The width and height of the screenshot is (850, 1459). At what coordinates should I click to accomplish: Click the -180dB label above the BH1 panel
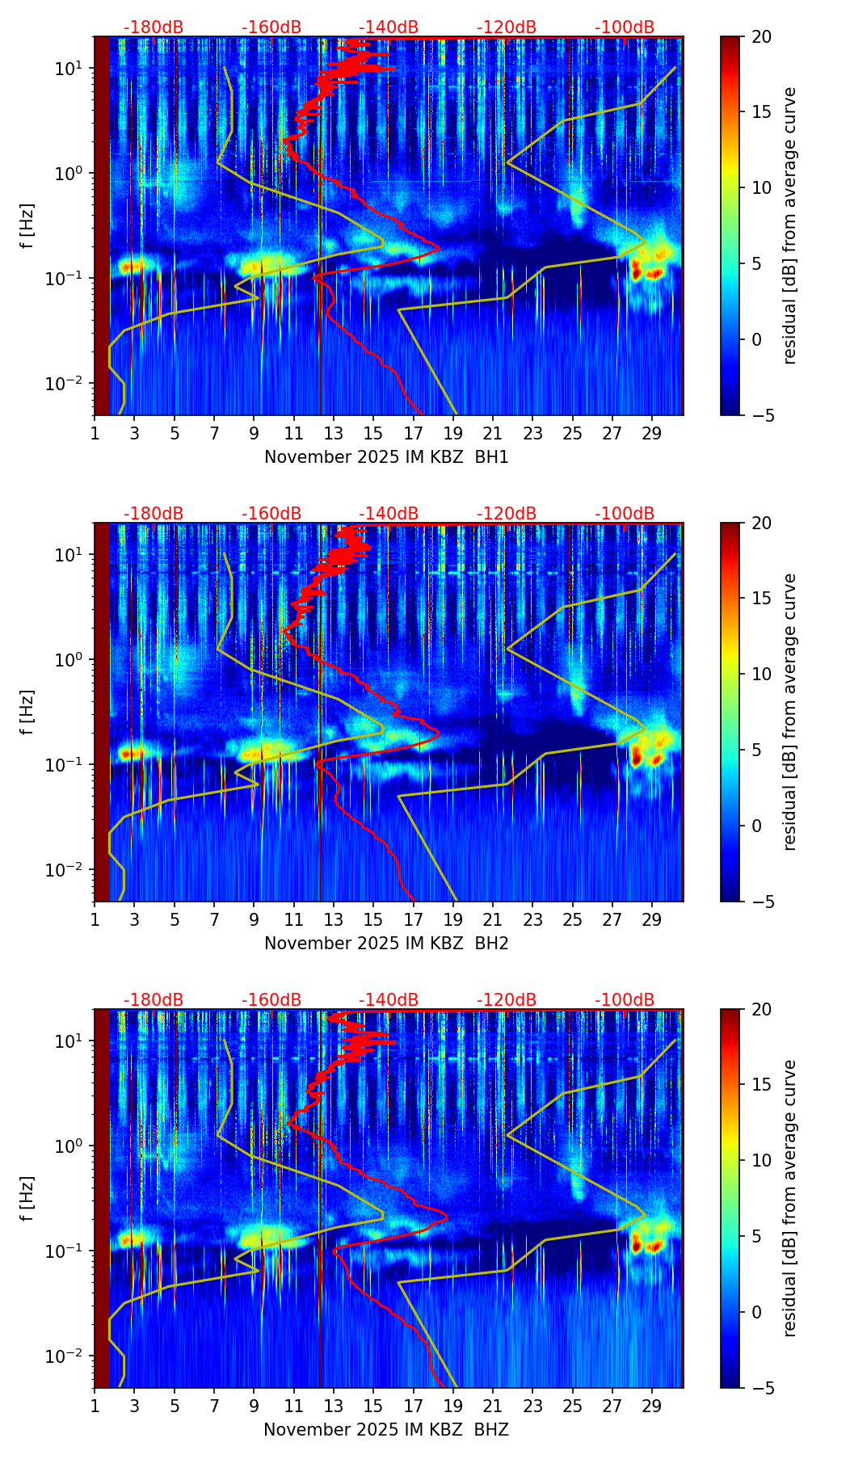[154, 27]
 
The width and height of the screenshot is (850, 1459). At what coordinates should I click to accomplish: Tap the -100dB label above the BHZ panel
[625, 1000]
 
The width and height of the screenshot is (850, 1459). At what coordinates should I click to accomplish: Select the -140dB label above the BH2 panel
[389, 514]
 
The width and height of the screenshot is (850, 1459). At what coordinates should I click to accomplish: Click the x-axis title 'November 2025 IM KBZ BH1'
[386, 457]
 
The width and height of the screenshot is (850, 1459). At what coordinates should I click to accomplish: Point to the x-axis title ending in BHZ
[386, 1430]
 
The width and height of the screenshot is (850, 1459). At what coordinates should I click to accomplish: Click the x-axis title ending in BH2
[386, 944]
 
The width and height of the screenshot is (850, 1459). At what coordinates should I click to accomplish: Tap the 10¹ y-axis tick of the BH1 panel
[69, 69]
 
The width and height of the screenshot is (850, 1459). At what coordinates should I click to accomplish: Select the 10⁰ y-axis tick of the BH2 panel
[69, 659]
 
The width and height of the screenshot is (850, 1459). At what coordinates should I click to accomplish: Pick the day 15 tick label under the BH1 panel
[373, 433]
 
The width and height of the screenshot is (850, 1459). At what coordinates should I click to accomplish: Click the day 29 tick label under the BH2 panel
[652, 919]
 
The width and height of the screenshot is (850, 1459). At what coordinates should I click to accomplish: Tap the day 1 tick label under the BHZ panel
[95, 1406]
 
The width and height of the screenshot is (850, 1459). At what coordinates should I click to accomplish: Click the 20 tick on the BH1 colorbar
[762, 37]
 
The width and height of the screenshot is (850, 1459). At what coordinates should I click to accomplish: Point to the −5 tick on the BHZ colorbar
[762, 1388]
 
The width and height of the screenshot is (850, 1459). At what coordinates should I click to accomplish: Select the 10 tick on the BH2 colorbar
[762, 674]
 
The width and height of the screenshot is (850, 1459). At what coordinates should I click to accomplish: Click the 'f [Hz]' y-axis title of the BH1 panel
[28, 226]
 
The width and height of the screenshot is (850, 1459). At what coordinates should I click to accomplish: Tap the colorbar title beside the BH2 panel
[789, 712]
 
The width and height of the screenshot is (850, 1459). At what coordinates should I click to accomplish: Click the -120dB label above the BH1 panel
[507, 27]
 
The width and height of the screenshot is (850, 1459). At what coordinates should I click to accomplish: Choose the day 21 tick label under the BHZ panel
[493, 1406]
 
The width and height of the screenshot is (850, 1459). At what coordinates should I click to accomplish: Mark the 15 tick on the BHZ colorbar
[762, 1085]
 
